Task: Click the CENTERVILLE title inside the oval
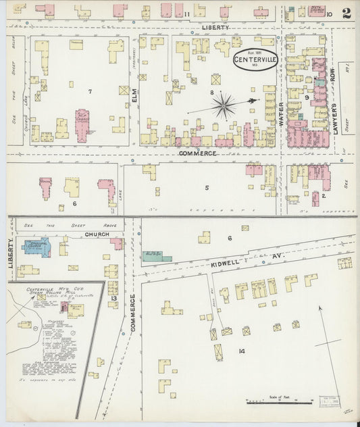click(x=255, y=59)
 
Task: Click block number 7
click(x=88, y=90)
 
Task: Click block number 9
click(x=306, y=97)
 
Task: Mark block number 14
click(x=242, y=351)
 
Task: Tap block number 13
click(x=113, y=299)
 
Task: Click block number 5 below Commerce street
click(x=207, y=187)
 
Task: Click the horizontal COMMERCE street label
click(x=197, y=153)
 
